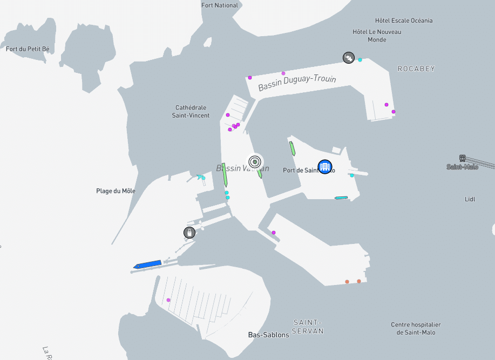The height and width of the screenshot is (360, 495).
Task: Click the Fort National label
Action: [219, 5]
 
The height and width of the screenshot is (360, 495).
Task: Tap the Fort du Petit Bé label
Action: [28, 49]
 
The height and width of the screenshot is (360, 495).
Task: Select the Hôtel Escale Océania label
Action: [404, 21]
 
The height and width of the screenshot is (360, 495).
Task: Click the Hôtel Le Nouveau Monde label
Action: [377, 36]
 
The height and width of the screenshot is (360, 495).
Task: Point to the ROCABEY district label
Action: [416, 69]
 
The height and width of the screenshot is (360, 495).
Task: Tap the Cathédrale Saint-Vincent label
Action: [191, 111]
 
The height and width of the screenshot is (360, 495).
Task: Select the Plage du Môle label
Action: [116, 191]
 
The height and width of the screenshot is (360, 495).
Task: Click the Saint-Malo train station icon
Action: [463, 158]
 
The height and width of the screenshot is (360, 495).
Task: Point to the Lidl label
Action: [470, 199]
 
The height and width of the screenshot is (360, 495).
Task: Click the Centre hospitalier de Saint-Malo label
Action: [416, 328]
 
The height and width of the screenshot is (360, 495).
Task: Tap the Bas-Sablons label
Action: [268, 335]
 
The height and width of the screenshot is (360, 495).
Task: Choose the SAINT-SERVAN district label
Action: [308, 327]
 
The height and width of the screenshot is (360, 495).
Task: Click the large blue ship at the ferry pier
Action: [147, 264]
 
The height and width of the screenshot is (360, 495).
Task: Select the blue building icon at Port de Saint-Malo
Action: [325, 167]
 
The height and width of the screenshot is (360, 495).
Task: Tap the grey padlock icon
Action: [189, 233]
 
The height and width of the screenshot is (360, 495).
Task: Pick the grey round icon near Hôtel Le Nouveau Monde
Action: [349, 57]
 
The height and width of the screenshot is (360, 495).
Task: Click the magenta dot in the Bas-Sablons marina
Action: [168, 300]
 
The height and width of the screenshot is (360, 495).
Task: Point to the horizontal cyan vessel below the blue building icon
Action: [341, 198]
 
